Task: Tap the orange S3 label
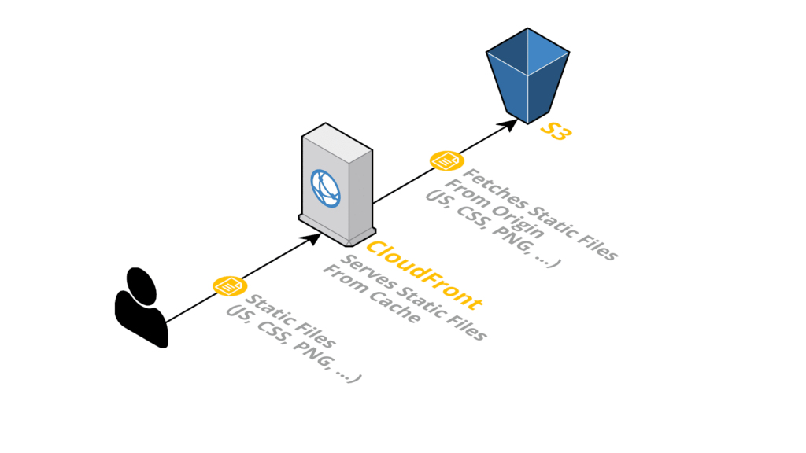[554, 131]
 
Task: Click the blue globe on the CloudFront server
[325, 189]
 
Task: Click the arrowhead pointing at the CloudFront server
[314, 237]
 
